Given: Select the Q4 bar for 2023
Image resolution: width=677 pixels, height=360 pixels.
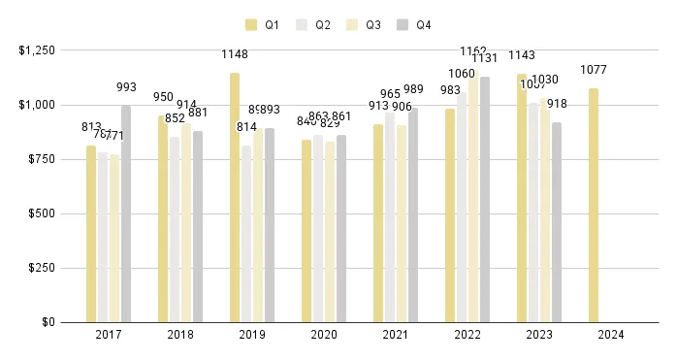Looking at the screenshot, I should (x=557, y=221).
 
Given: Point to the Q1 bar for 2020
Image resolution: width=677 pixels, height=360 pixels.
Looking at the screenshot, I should (x=306, y=230).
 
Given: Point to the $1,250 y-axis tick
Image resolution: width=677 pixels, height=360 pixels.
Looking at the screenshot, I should (x=37, y=50).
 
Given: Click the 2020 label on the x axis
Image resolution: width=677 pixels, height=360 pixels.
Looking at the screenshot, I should (x=324, y=335).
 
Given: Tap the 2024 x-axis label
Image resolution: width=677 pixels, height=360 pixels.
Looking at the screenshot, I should (x=611, y=335).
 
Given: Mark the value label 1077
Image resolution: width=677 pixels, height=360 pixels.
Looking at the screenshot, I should (x=594, y=70).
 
